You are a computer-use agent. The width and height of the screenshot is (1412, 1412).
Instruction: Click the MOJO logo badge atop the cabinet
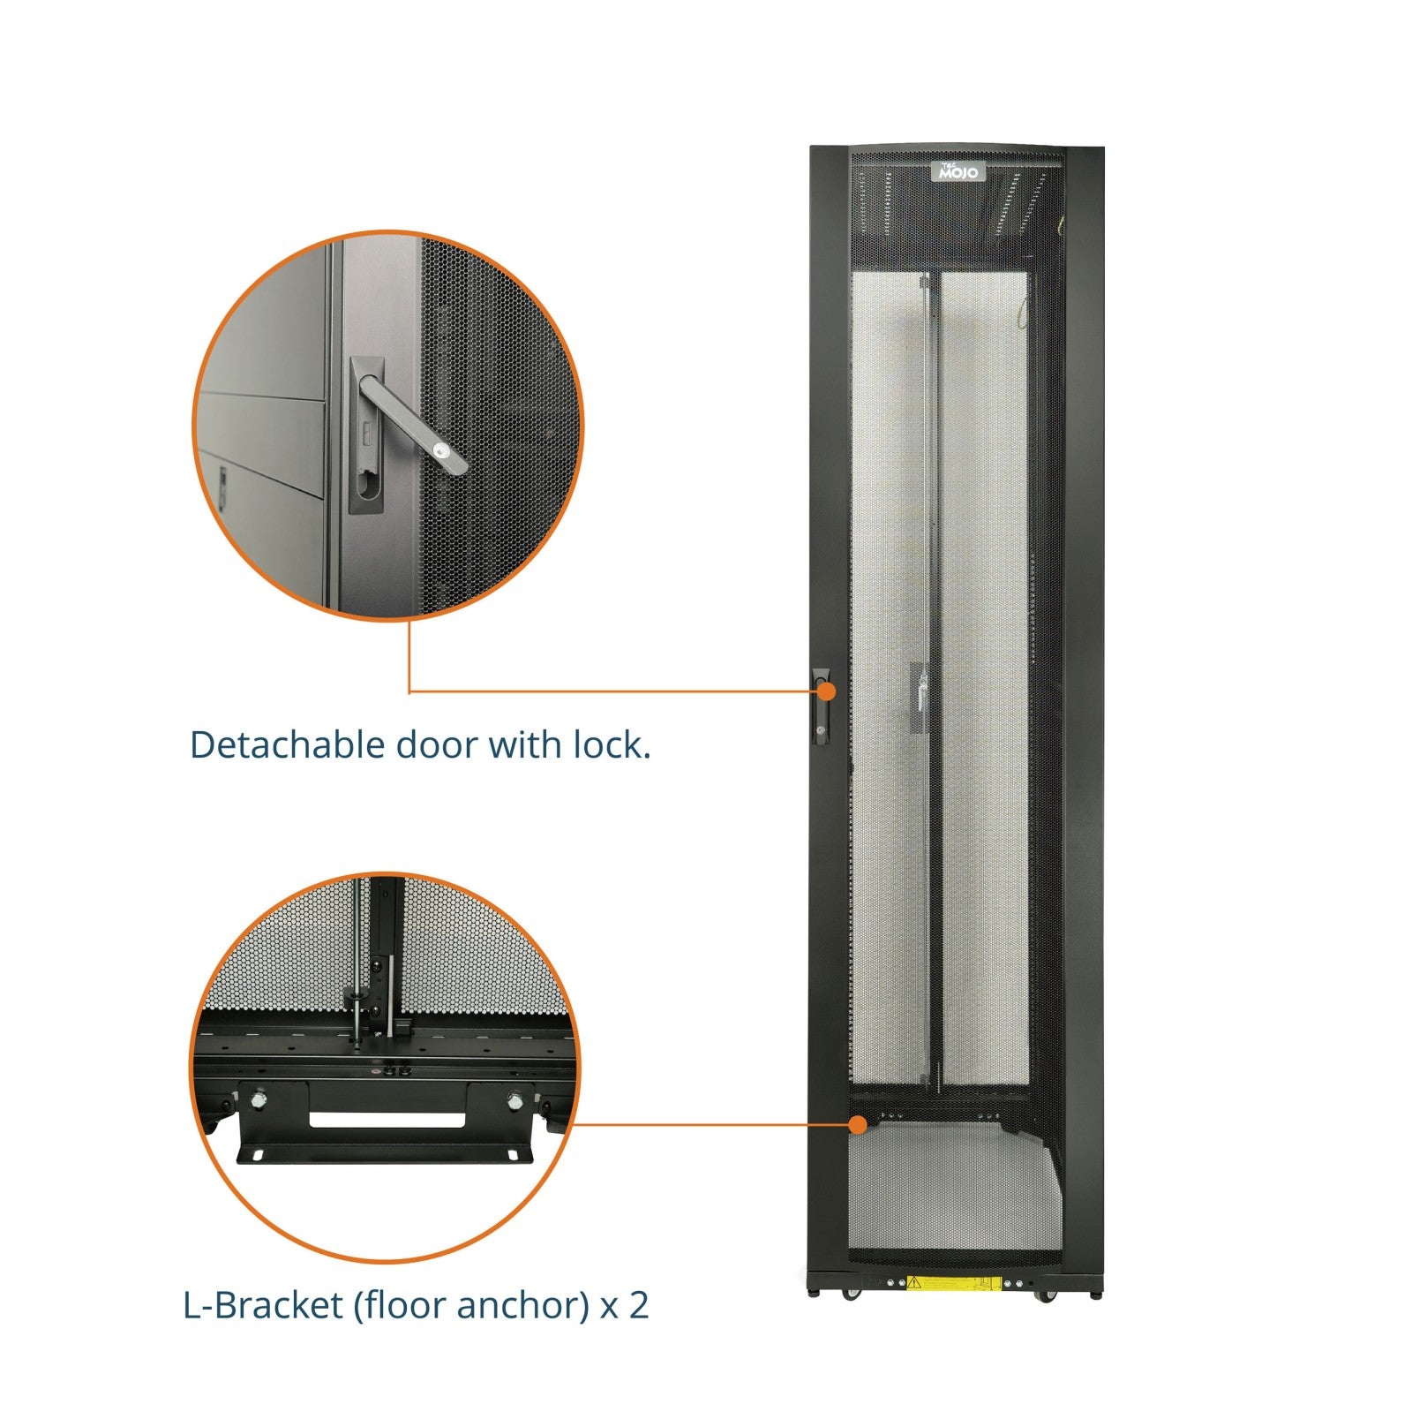958,171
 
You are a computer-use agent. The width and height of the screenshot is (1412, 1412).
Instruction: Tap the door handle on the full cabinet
822,706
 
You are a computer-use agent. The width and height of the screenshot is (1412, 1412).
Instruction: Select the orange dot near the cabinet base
857,1124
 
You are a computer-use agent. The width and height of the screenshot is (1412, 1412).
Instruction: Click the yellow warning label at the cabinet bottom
953,1283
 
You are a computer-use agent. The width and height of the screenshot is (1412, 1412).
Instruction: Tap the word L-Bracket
262,1305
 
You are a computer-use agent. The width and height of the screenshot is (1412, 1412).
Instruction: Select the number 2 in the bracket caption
638,1305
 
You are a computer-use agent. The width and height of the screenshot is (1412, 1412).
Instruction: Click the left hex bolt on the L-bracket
258,1100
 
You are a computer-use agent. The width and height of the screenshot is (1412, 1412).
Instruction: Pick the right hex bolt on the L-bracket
514,1100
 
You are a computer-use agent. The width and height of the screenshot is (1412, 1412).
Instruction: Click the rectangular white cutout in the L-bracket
387,1121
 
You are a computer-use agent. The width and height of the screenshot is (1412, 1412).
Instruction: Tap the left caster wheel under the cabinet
849,1295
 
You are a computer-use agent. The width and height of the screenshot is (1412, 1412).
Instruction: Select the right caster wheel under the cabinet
1047,1295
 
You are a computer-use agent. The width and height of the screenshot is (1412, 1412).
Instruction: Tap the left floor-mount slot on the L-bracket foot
258,1156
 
